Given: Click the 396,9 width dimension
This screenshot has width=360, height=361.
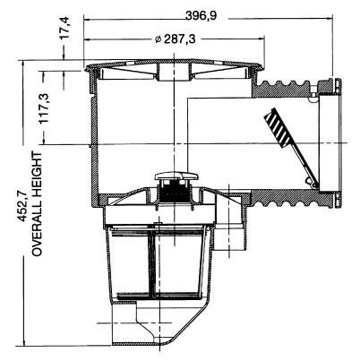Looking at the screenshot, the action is tap(201, 16).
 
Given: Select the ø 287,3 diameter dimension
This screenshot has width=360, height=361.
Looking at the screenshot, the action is tap(176, 39).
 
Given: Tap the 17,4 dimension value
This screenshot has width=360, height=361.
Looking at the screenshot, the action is tap(64, 28).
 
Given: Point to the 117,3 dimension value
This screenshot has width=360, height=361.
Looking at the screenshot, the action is tap(44, 107).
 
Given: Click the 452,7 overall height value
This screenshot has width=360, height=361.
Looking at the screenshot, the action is tap(24, 207).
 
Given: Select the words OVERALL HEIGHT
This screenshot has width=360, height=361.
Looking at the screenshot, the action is tap(38, 203).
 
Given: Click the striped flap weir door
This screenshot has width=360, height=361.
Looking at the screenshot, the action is tap(278, 127).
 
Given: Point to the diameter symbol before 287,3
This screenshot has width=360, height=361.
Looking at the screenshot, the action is tap(159, 39).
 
